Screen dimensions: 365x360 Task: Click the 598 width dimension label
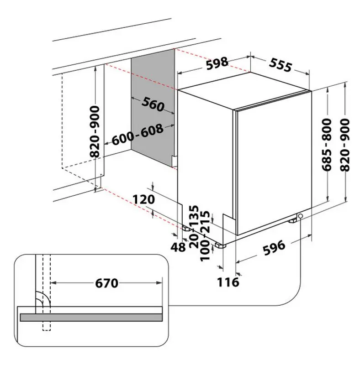(217, 63)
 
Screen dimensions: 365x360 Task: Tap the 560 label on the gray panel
(153, 104)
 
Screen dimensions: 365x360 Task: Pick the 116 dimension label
(228, 282)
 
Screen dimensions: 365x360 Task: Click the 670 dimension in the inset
(106, 283)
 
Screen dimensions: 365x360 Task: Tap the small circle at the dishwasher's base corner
(301, 216)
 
